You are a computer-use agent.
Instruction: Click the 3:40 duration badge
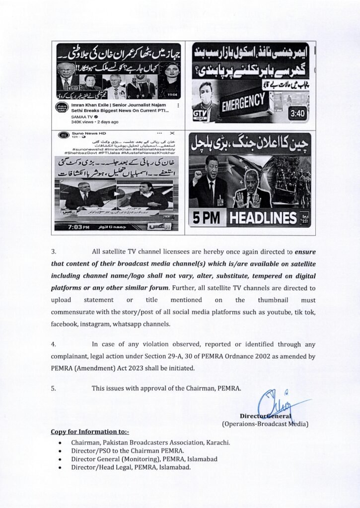(x=297, y=114)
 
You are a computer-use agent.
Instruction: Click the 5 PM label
(x=208, y=217)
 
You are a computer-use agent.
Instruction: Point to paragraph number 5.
(x=53, y=388)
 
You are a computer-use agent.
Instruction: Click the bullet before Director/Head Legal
(x=60, y=467)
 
